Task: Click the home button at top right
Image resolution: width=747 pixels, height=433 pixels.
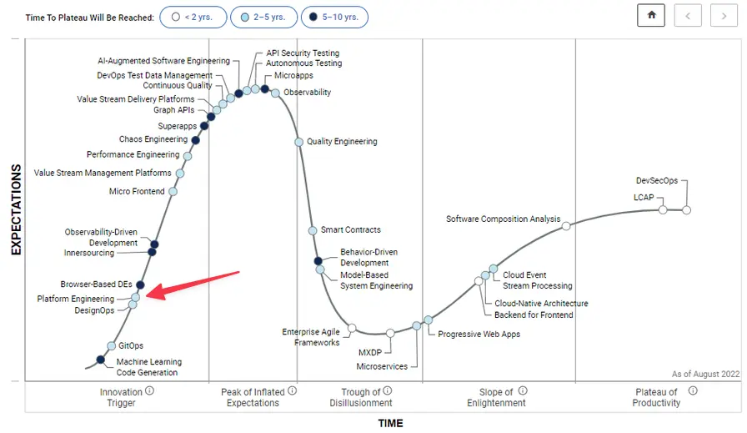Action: coord(651,17)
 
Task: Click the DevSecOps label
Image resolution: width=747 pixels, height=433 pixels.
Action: coord(656,180)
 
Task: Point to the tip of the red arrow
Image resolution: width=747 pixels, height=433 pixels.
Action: coord(148,295)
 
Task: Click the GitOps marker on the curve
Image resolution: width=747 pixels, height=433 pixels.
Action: coord(111,345)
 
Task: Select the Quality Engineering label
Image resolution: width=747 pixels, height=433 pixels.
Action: coord(342,142)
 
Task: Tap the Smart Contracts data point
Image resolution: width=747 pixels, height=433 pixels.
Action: coord(313,230)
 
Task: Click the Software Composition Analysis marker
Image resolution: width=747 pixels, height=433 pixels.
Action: coord(566,226)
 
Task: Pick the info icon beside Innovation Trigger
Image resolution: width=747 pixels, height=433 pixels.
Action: coord(150,390)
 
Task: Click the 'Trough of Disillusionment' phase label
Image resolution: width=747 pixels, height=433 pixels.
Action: coord(361,397)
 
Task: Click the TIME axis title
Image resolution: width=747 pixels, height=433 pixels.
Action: coord(390,423)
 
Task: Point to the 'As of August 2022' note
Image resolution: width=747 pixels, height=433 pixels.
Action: coord(704,375)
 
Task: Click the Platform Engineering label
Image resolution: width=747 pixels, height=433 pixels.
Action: coord(76,299)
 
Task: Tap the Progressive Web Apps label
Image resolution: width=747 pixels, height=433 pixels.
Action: coord(479,335)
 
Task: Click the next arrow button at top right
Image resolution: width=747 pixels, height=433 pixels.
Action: coord(724,17)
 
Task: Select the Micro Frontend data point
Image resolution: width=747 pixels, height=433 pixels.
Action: coord(173,192)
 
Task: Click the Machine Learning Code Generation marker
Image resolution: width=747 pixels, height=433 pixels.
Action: coord(101,360)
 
